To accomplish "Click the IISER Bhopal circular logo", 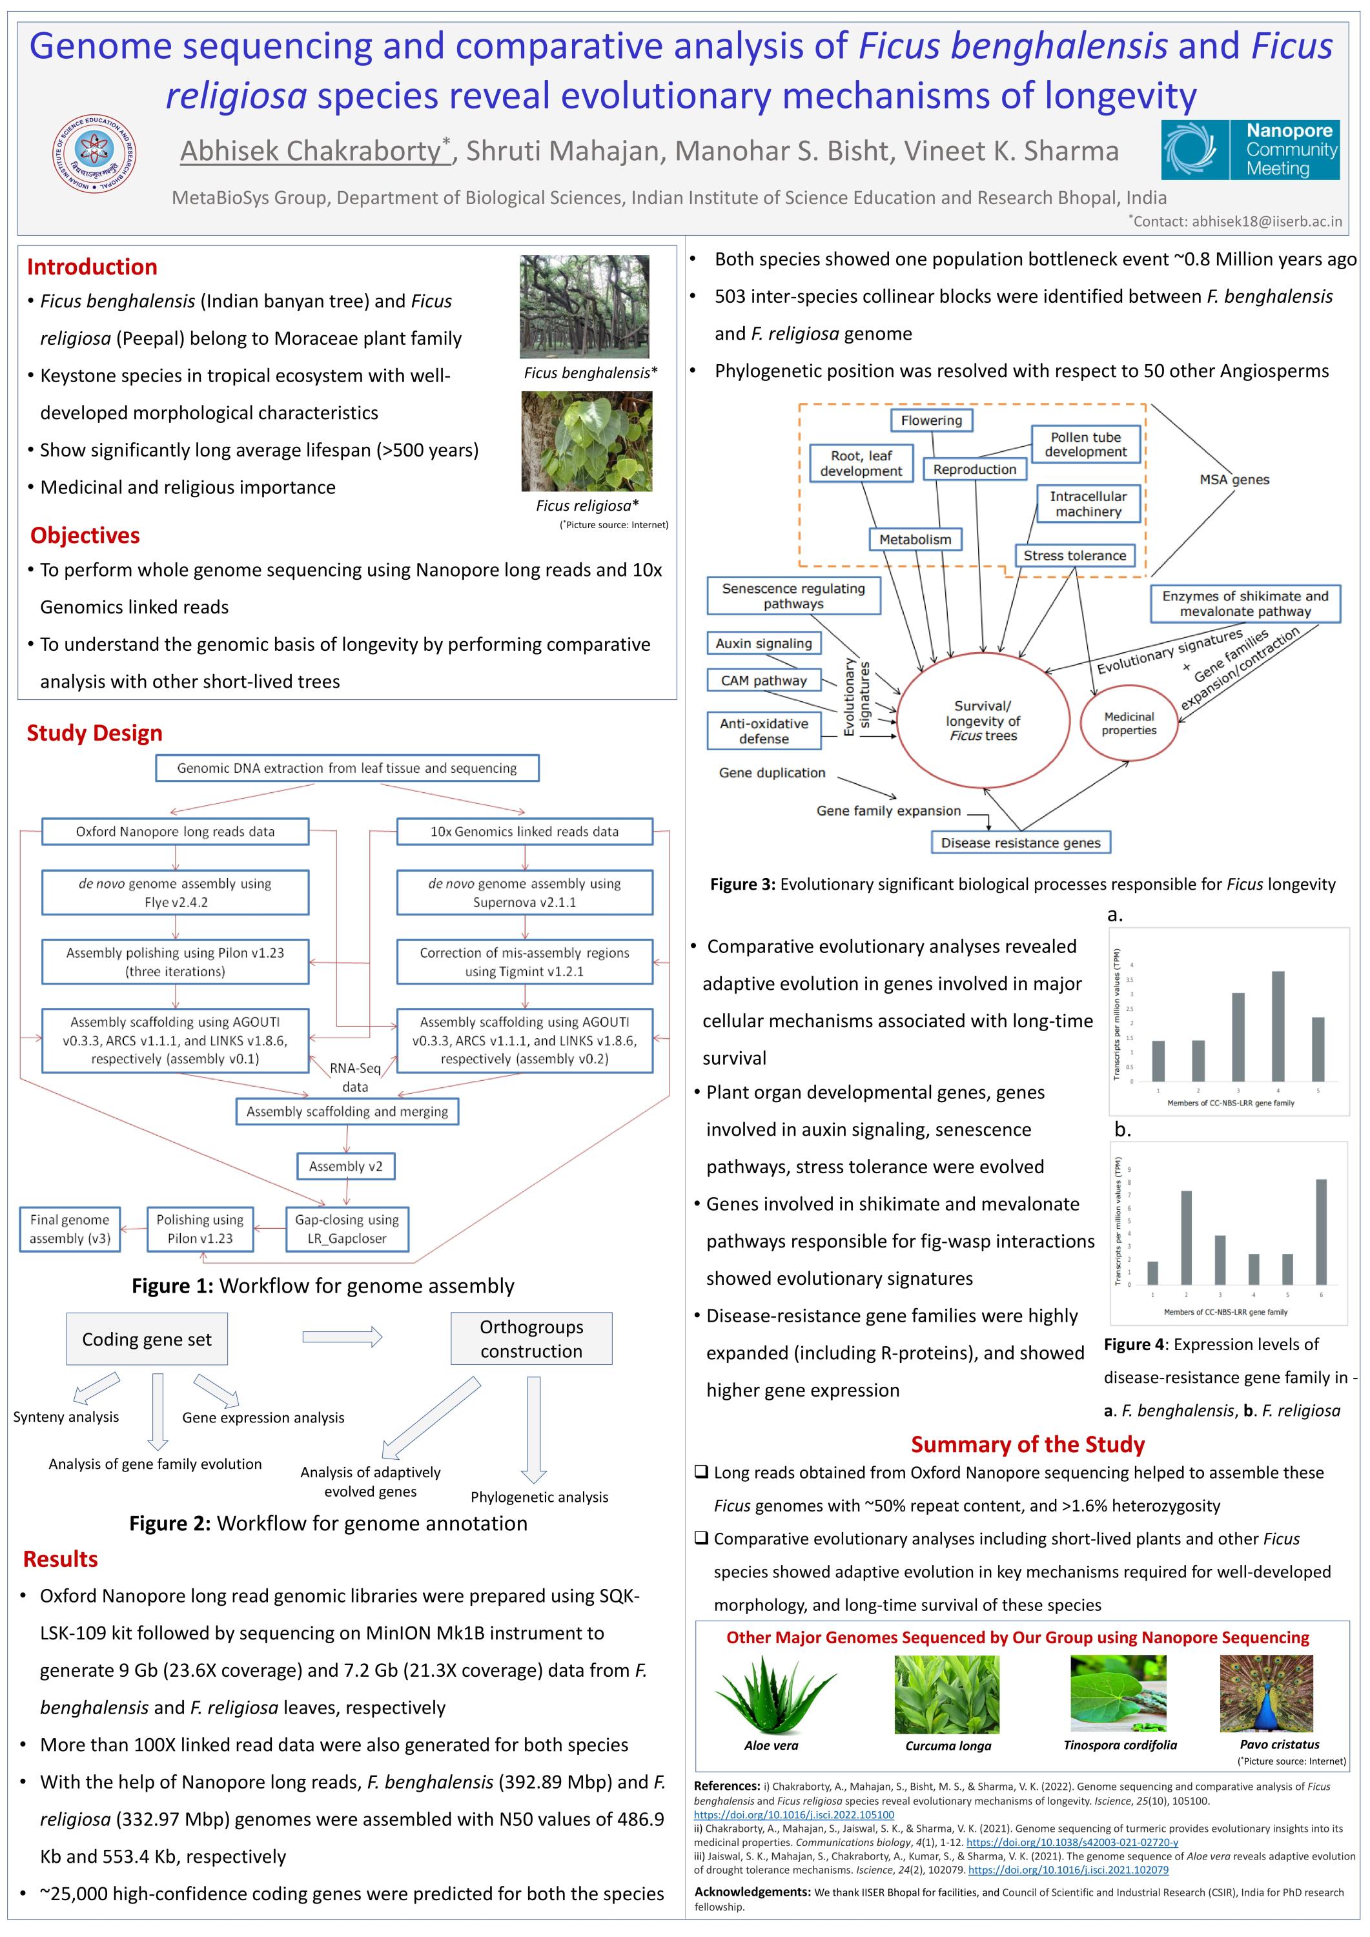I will click(94, 154).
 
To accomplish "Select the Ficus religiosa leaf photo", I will click(586, 441).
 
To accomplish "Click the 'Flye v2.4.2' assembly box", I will click(176, 892).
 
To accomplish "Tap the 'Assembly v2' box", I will click(346, 1166).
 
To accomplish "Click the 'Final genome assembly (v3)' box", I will click(70, 1228).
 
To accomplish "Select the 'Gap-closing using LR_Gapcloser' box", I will click(347, 1228).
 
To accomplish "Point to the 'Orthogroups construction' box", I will click(531, 1338).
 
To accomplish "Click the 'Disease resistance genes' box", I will click(1020, 842).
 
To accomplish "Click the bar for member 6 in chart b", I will click(1320, 1232).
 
